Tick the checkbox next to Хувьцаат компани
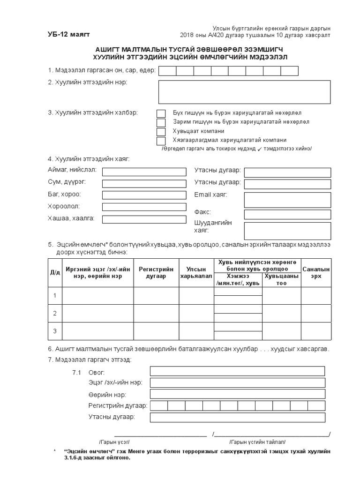point(161,132)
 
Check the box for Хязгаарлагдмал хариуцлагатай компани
point(161,141)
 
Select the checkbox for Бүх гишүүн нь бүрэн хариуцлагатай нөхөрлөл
point(161,113)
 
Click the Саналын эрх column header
point(316,273)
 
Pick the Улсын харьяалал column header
point(196,273)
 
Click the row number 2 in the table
point(55,313)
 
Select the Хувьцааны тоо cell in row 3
point(281,331)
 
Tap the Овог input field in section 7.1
point(237,371)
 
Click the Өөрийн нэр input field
point(237,394)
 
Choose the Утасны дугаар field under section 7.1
point(237,417)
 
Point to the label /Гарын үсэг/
point(115,442)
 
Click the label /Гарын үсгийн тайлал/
point(257,442)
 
